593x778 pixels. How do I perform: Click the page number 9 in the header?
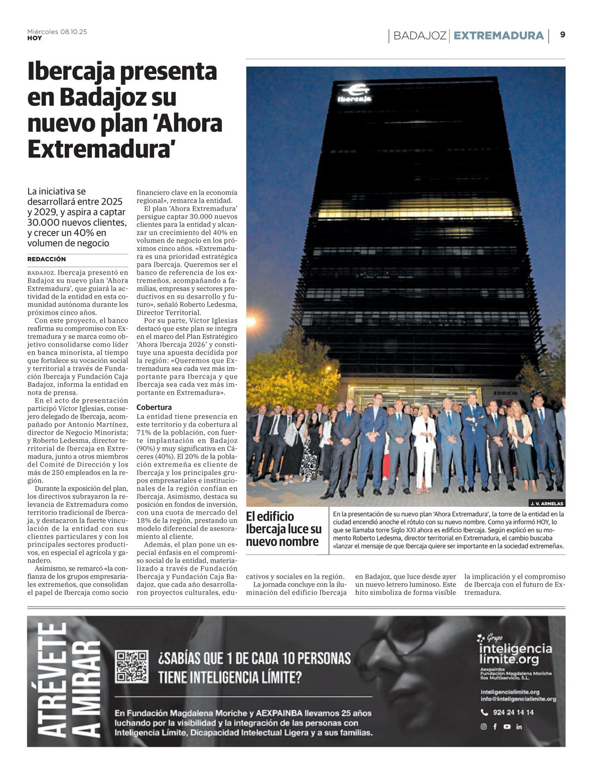point(562,35)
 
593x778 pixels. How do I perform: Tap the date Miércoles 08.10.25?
point(57,32)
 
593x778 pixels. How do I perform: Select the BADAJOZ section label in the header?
point(420,36)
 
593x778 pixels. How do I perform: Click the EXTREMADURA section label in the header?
point(498,36)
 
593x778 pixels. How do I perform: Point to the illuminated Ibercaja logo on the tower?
point(355,93)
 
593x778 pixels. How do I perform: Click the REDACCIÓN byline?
point(46,259)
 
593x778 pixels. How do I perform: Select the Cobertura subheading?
point(154,407)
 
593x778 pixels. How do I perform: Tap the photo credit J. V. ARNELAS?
point(547,503)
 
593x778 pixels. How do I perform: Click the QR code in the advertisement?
point(131,666)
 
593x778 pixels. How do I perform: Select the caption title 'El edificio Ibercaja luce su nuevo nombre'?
point(284,529)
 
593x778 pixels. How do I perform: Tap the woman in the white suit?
point(424,451)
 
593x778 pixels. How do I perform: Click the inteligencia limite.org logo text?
point(515,654)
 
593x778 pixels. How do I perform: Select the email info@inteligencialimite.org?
point(518,699)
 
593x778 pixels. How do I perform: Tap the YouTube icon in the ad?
point(507,727)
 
